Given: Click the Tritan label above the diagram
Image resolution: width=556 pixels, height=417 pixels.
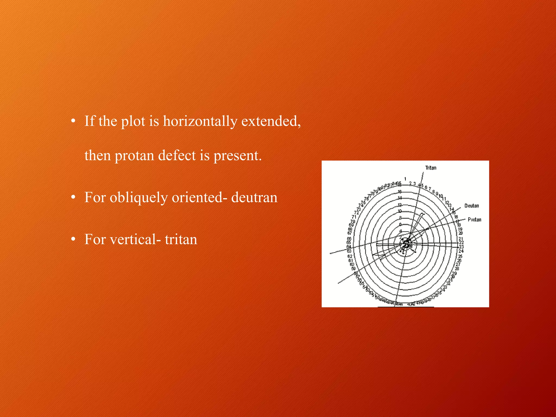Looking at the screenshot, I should point(431,168).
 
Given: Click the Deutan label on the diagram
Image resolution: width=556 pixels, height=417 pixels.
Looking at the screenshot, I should point(472,206).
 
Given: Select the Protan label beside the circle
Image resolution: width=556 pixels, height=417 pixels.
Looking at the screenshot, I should point(474,220).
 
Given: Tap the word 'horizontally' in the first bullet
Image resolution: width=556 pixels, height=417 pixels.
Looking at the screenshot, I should point(200,121).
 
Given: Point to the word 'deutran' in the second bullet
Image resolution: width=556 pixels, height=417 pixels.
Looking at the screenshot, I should point(254,197).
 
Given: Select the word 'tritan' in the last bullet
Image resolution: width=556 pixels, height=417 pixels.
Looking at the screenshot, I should point(181,239).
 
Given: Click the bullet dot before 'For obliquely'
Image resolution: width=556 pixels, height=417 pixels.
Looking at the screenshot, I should point(73,197).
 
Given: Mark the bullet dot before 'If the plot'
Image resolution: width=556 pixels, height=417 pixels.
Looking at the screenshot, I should point(73,121).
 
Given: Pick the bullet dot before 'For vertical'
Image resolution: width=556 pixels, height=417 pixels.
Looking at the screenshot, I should point(73,239).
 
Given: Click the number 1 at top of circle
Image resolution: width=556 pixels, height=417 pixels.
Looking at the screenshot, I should point(405,179).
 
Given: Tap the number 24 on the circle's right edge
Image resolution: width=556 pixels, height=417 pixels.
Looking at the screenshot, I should point(461,251).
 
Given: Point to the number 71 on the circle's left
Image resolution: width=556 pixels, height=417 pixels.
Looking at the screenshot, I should point(354,217).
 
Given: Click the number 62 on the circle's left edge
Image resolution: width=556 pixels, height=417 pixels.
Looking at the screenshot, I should point(350,256).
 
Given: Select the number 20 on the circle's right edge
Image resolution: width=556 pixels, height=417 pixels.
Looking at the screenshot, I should point(460,233).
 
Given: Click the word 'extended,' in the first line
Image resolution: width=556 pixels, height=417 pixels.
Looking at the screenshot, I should point(271,121).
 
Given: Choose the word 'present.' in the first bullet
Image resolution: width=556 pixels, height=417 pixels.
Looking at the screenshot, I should point(238,156).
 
